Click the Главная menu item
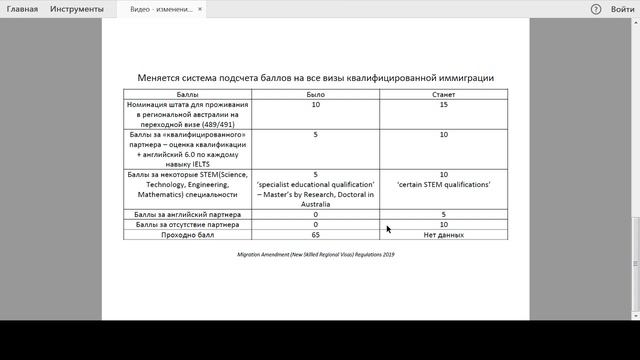point(21,9)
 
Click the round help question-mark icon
point(595,9)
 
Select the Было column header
point(315,94)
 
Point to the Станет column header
point(443,94)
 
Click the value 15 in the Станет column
point(443,104)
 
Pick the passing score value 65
point(315,235)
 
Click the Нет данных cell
point(443,235)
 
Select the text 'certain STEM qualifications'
point(443,185)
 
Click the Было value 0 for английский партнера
point(315,214)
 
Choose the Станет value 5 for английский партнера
point(443,214)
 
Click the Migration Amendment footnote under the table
point(316,255)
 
